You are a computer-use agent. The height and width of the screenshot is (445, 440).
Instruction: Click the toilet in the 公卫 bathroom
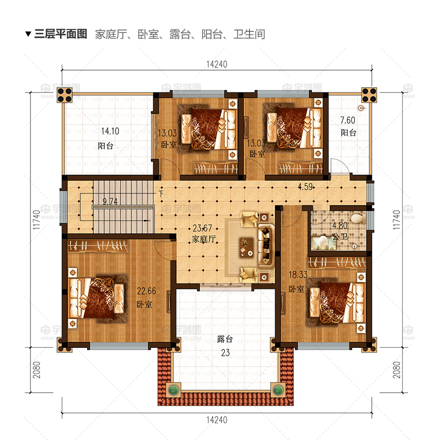pyautogui.click(x=359, y=219)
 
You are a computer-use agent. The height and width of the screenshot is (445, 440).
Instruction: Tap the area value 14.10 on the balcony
pyautogui.click(x=110, y=131)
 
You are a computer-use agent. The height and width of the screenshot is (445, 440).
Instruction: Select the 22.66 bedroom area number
pyautogui.click(x=147, y=291)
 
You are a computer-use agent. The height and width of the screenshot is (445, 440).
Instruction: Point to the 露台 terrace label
pyautogui.click(x=225, y=339)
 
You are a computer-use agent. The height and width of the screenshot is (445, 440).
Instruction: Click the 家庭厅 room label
pyautogui.click(x=204, y=239)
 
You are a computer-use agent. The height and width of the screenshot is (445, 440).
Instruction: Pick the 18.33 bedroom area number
pyautogui.click(x=298, y=275)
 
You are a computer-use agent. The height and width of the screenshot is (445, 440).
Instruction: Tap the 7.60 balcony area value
pyautogui.click(x=348, y=120)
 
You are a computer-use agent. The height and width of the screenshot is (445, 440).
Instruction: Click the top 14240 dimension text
pyautogui.click(x=217, y=64)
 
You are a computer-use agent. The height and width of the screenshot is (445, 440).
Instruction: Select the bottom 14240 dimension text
pyautogui.click(x=217, y=420)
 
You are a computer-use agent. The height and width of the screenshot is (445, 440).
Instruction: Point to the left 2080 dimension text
pyautogui.click(x=37, y=370)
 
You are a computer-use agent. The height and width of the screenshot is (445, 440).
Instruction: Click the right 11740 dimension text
pyautogui.click(x=396, y=220)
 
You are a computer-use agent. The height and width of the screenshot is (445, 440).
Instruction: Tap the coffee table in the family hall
pyautogui.click(x=246, y=248)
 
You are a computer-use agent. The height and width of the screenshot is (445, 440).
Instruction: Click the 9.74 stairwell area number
pyautogui.click(x=110, y=202)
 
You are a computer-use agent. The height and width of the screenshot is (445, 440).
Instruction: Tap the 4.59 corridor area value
pyautogui.click(x=305, y=187)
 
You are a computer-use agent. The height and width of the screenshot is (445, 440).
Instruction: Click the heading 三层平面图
pyautogui.click(x=60, y=34)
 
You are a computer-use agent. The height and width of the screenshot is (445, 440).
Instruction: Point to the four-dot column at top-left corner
pyautogui.click(x=65, y=95)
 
